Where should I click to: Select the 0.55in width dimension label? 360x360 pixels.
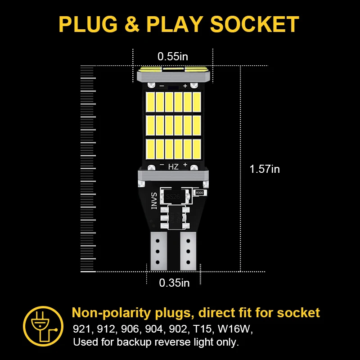(x=172, y=57)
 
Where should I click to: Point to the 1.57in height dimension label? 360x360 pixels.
(x=265, y=169)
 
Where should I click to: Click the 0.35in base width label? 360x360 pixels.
(x=174, y=283)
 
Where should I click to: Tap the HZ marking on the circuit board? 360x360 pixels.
(x=173, y=166)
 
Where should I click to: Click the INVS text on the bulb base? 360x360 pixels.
(x=153, y=201)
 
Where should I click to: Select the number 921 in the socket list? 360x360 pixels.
(x=81, y=329)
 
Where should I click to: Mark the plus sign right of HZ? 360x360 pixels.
(x=185, y=165)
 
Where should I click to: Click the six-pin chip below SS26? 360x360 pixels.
(x=172, y=217)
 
